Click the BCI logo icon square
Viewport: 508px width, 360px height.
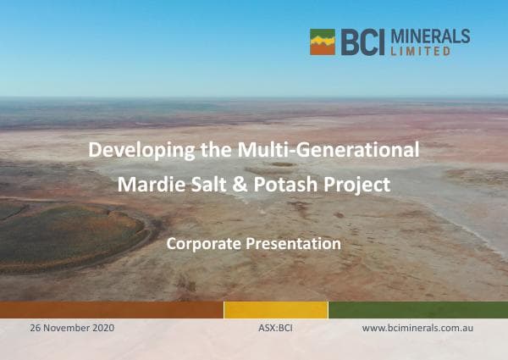(x=323, y=42)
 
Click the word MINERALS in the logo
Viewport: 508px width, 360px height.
(x=428, y=36)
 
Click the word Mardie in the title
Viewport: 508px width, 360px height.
(x=149, y=184)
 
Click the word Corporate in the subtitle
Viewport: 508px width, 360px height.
(x=205, y=244)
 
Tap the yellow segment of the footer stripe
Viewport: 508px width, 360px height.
(x=275, y=310)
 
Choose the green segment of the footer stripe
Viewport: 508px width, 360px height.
(x=417, y=310)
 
